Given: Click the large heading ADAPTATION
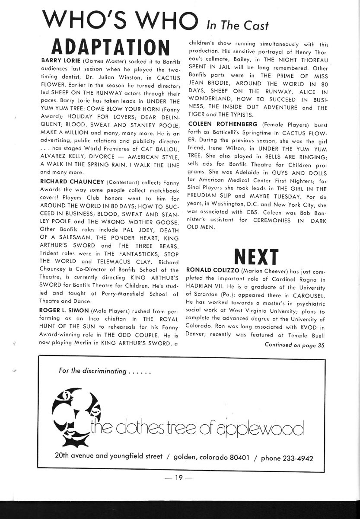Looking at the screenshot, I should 111,47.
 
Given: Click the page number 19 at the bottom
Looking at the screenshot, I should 180,478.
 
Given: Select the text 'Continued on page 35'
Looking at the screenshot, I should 294,345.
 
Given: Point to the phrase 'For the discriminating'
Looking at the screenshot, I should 92,372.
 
